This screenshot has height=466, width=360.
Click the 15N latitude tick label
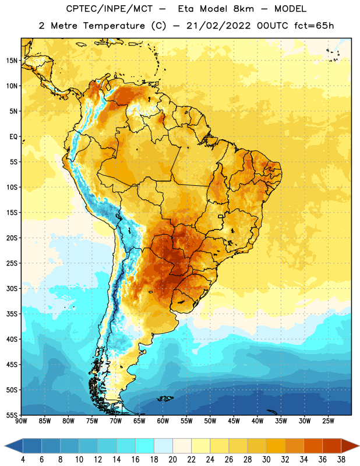(12, 61)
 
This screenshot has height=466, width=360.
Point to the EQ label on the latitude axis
(13, 137)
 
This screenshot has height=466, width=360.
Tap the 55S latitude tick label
(12, 415)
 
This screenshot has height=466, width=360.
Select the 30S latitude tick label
(12, 288)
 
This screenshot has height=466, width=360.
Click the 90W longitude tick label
(21, 421)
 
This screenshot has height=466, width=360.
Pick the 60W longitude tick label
(163, 421)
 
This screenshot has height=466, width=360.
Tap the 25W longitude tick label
(328, 421)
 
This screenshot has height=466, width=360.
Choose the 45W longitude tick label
(234, 421)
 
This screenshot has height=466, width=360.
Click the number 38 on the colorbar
(341, 460)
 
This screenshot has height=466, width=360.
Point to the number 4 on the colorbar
(23, 460)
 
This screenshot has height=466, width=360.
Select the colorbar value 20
(172, 460)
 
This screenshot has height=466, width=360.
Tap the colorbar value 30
(266, 460)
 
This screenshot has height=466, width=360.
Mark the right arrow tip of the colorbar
(359, 446)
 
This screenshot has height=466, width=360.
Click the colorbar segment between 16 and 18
(144, 446)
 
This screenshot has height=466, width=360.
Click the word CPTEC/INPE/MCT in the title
(109, 9)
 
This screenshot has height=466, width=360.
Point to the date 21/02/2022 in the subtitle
(218, 26)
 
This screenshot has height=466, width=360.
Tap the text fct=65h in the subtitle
(314, 26)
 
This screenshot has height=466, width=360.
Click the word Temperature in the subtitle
(114, 26)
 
